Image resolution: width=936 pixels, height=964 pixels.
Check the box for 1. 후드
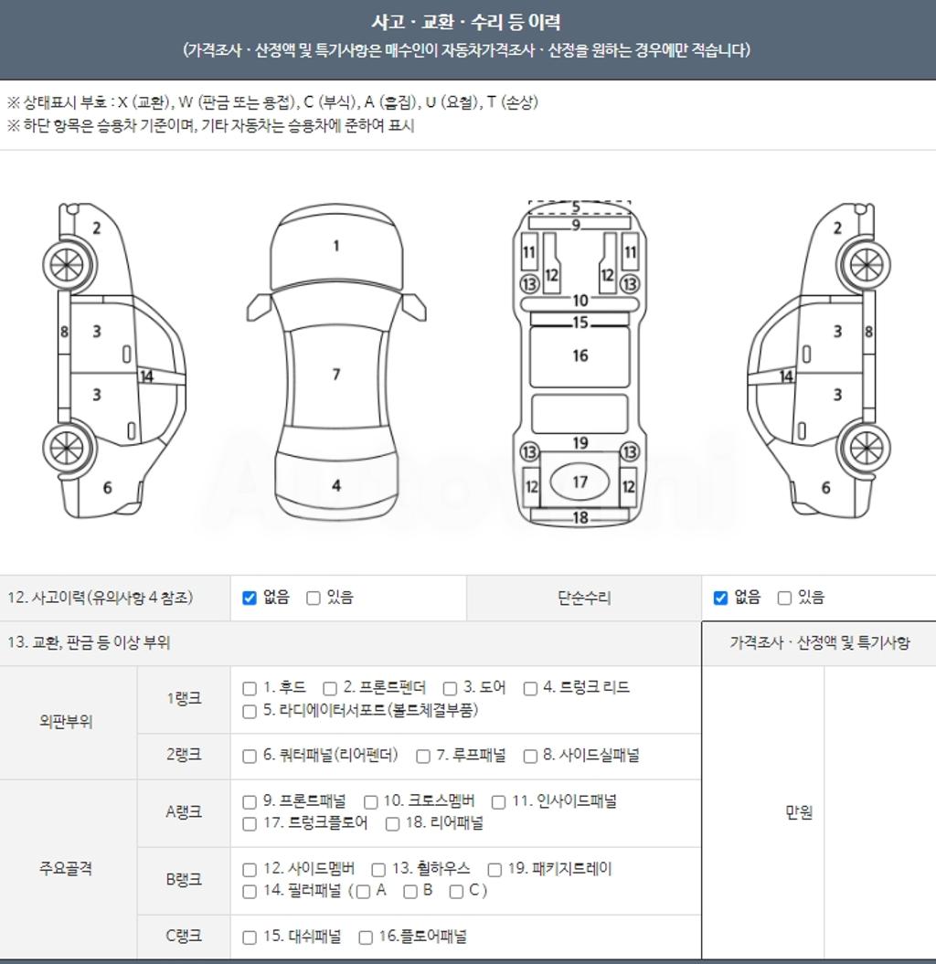[249, 689]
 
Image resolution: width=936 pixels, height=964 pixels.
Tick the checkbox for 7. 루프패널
[423, 757]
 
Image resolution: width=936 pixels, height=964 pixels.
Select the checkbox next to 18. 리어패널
[392, 824]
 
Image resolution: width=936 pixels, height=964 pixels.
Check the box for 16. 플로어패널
[366, 938]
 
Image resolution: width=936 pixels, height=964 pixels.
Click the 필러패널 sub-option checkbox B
[410, 892]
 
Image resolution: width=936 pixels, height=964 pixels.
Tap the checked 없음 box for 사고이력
[249, 598]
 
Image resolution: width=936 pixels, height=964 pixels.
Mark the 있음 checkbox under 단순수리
[784, 598]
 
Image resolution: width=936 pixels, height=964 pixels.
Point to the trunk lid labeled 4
[335, 486]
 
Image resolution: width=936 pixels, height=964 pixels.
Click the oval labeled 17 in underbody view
[580, 482]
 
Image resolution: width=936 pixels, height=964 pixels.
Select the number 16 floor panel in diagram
[580, 356]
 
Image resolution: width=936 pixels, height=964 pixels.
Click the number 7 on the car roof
[336, 375]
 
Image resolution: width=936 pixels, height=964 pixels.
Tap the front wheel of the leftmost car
[68, 266]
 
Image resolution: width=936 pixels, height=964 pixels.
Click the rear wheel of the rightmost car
[866, 448]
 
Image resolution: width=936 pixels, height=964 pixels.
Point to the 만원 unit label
[799, 812]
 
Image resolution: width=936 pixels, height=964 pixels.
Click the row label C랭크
[183, 936]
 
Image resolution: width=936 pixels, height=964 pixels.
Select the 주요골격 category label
[66, 868]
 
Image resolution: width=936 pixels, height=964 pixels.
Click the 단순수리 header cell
[584, 598]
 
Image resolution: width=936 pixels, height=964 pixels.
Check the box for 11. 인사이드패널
[499, 802]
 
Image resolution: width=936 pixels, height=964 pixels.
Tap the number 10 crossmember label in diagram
[580, 301]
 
